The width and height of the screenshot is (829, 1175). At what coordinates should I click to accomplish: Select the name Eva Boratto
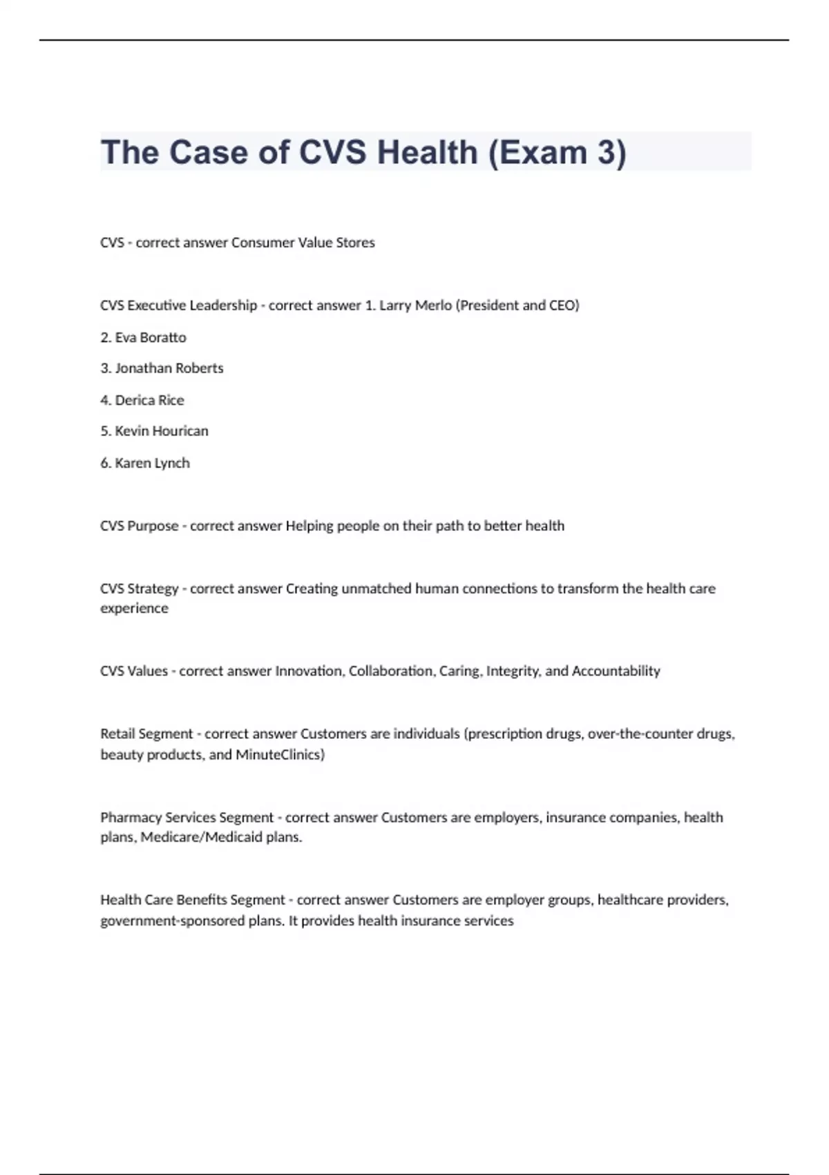point(151,337)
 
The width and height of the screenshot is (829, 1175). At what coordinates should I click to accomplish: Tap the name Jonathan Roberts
point(169,368)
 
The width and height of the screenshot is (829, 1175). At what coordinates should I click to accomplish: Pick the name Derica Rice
point(149,400)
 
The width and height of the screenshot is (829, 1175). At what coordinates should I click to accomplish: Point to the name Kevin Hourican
point(162,431)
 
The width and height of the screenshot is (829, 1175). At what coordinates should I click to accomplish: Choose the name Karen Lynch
point(152,463)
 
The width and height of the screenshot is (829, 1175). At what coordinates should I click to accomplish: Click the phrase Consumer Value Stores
point(303,243)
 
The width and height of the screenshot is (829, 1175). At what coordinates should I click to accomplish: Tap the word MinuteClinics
point(280,755)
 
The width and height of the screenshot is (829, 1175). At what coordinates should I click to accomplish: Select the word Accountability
point(616,671)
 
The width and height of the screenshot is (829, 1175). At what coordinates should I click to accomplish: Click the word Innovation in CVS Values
point(309,671)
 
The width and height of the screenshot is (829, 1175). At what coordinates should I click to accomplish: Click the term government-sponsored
point(173,921)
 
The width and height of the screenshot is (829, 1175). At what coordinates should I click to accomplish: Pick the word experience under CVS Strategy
point(134,609)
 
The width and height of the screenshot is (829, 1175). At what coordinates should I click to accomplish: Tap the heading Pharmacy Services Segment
point(187,818)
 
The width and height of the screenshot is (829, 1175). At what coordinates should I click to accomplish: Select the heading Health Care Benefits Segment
point(192,901)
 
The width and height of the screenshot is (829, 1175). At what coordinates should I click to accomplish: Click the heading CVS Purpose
point(139,526)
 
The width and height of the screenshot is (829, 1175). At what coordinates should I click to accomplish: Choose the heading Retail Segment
point(146,734)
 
